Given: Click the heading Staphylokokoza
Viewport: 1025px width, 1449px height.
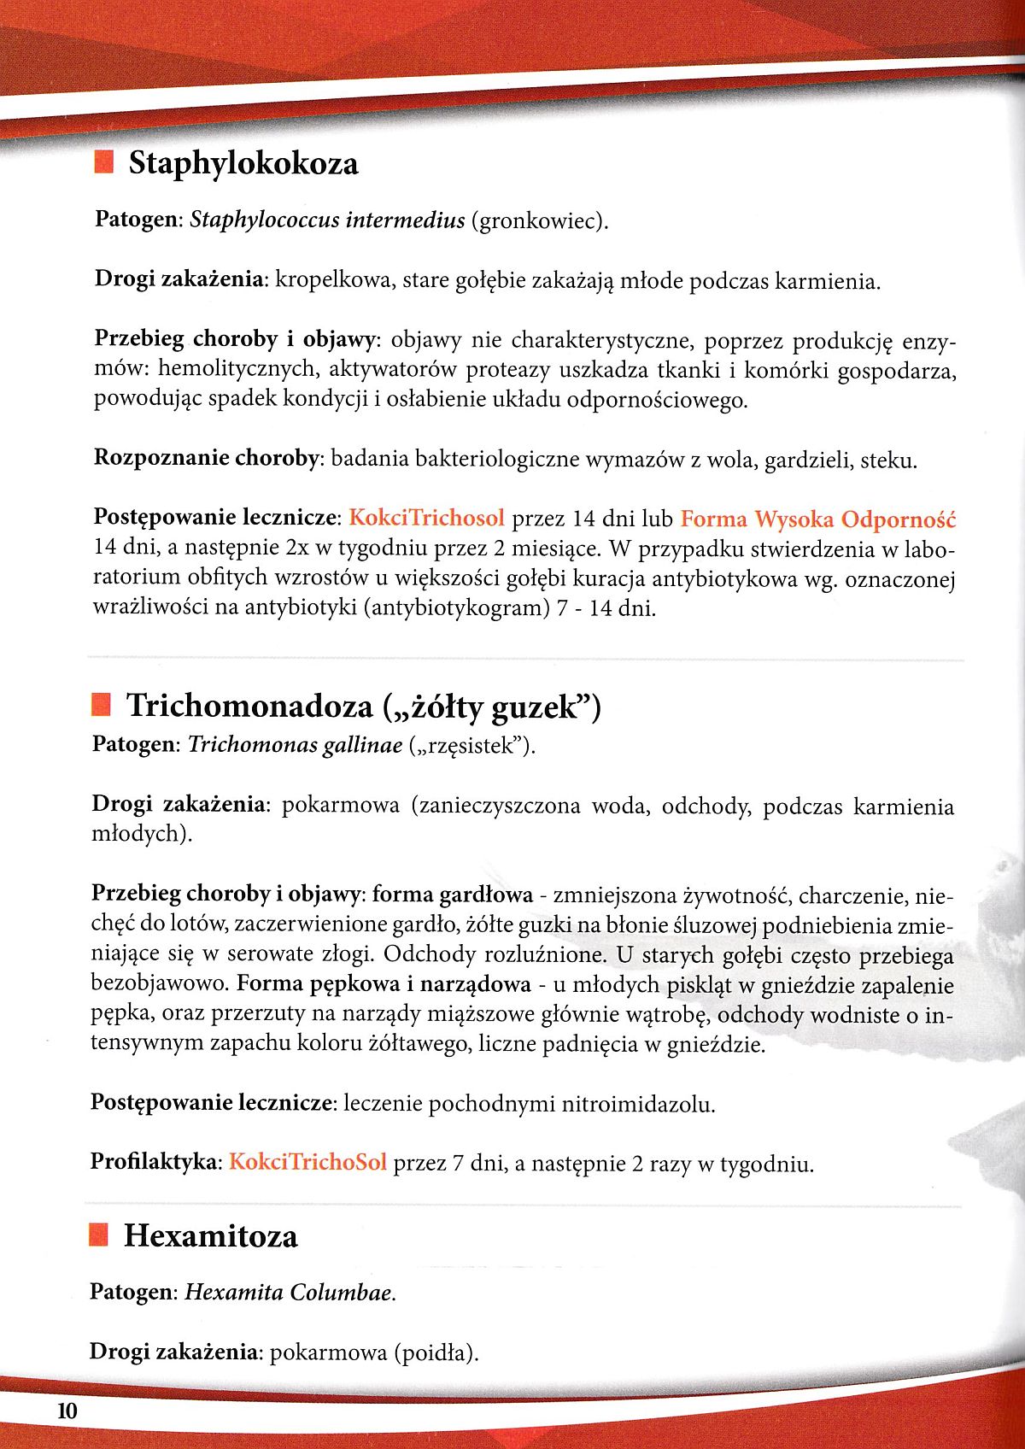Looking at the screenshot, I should [243, 162].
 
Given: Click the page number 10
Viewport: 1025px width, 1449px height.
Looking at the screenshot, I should [67, 1411].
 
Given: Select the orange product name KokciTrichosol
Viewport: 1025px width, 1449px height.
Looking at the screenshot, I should [427, 519].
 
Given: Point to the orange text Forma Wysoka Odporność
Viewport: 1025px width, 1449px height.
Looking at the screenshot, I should [817, 519].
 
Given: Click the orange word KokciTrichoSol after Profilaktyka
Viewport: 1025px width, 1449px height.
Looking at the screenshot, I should [307, 1162].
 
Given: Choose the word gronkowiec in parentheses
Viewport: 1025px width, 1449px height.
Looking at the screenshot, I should [538, 221].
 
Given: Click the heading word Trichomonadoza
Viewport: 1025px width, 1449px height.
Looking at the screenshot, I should [249, 706].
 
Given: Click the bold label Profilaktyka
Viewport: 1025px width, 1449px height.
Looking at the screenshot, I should [155, 1162].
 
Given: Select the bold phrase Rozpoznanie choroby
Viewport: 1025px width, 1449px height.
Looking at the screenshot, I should [206, 459].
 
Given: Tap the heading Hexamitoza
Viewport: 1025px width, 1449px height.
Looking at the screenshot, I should [211, 1235].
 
